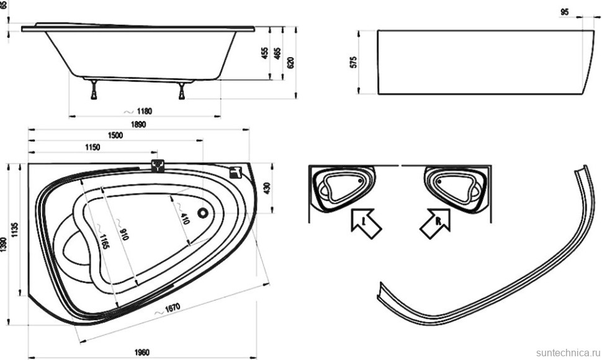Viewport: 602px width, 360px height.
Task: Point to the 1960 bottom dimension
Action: [142, 353]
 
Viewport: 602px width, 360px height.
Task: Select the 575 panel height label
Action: [354, 61]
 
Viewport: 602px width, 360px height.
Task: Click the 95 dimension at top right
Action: [564, 12]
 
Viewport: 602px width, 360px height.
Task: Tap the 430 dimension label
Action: [267, 187]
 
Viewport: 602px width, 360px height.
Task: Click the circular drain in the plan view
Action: [202, 213]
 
